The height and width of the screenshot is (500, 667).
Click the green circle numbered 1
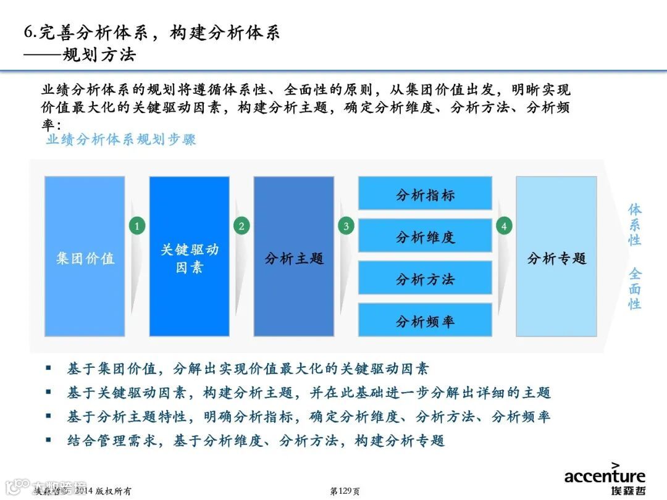click(136, 227)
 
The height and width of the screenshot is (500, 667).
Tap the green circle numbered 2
click(241, 227)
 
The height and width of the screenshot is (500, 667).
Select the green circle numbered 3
click(346, 227)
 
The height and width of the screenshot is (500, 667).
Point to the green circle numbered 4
click(504, 227)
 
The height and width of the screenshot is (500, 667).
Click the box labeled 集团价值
click(85, 257)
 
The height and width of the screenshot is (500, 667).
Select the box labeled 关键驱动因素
click(189, 257)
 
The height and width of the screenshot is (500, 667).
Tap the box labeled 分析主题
click(294, 257)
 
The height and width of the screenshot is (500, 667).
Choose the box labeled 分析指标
click(425, 194)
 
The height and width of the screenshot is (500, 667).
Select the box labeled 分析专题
click(556, 257)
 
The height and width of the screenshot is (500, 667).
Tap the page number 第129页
click(345, 491)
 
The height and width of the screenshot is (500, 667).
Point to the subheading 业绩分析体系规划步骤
click(121, 140)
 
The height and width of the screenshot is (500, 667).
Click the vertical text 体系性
click(635, 224)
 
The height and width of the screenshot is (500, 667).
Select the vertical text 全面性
click(635, 288)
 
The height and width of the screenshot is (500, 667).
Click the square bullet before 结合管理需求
click(49, 440)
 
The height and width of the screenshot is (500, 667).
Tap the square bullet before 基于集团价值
click(49, 369)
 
